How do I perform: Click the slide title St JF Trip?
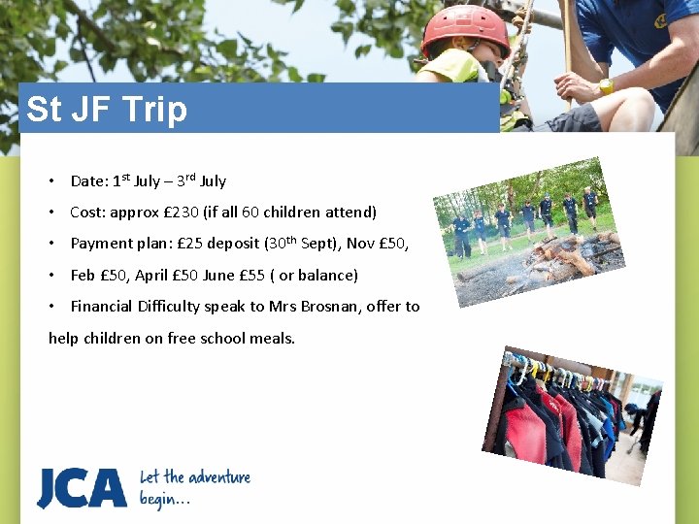(x=107, y=110)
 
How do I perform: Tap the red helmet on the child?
(x=465, y=29)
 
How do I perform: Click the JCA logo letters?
(x=82, y=487)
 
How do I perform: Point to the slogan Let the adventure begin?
(x=194, y=487)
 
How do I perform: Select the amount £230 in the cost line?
(x=183, y=212)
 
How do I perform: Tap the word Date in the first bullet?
(x=88, y=180)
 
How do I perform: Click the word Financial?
(x=104, y=306)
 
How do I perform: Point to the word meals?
(x=273, y=338)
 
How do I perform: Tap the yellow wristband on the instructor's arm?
(x=606, y=86)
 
